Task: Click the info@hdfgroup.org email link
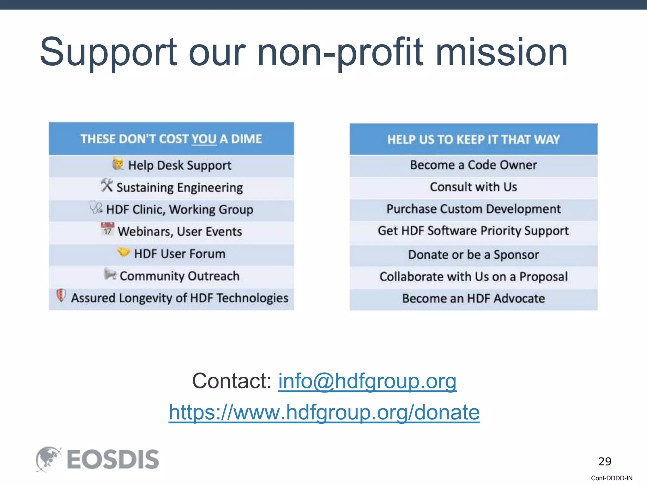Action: click(x=367, y=381)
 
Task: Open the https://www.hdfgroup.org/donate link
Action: click(x=324, y=412)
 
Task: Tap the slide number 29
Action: click(x=605, y=461)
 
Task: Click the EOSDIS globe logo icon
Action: click(x=48, y=459)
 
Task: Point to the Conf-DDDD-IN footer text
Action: click(x=612, y=478)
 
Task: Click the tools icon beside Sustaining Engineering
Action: click(x=107, y=185)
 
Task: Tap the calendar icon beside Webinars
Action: click(x=107, y=230)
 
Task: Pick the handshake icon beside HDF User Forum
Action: click(x=124, y=252)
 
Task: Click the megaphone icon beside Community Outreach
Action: click(x=110, y=274)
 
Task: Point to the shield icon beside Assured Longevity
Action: click(x=61, y=296)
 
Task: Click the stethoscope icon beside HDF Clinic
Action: click(x=96, y=207)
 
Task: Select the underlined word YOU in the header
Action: click(x=204, y=139)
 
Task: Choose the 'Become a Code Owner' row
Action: click(x=473, y=165)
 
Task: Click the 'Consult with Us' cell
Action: click(x=473, y=187)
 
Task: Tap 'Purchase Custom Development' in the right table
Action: click(x=473, y=209)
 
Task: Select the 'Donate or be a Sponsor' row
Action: click(x=473, y=255)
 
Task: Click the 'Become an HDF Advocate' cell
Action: click(x=473, y=298)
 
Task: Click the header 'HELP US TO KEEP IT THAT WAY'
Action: click(x=473, y=140)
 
